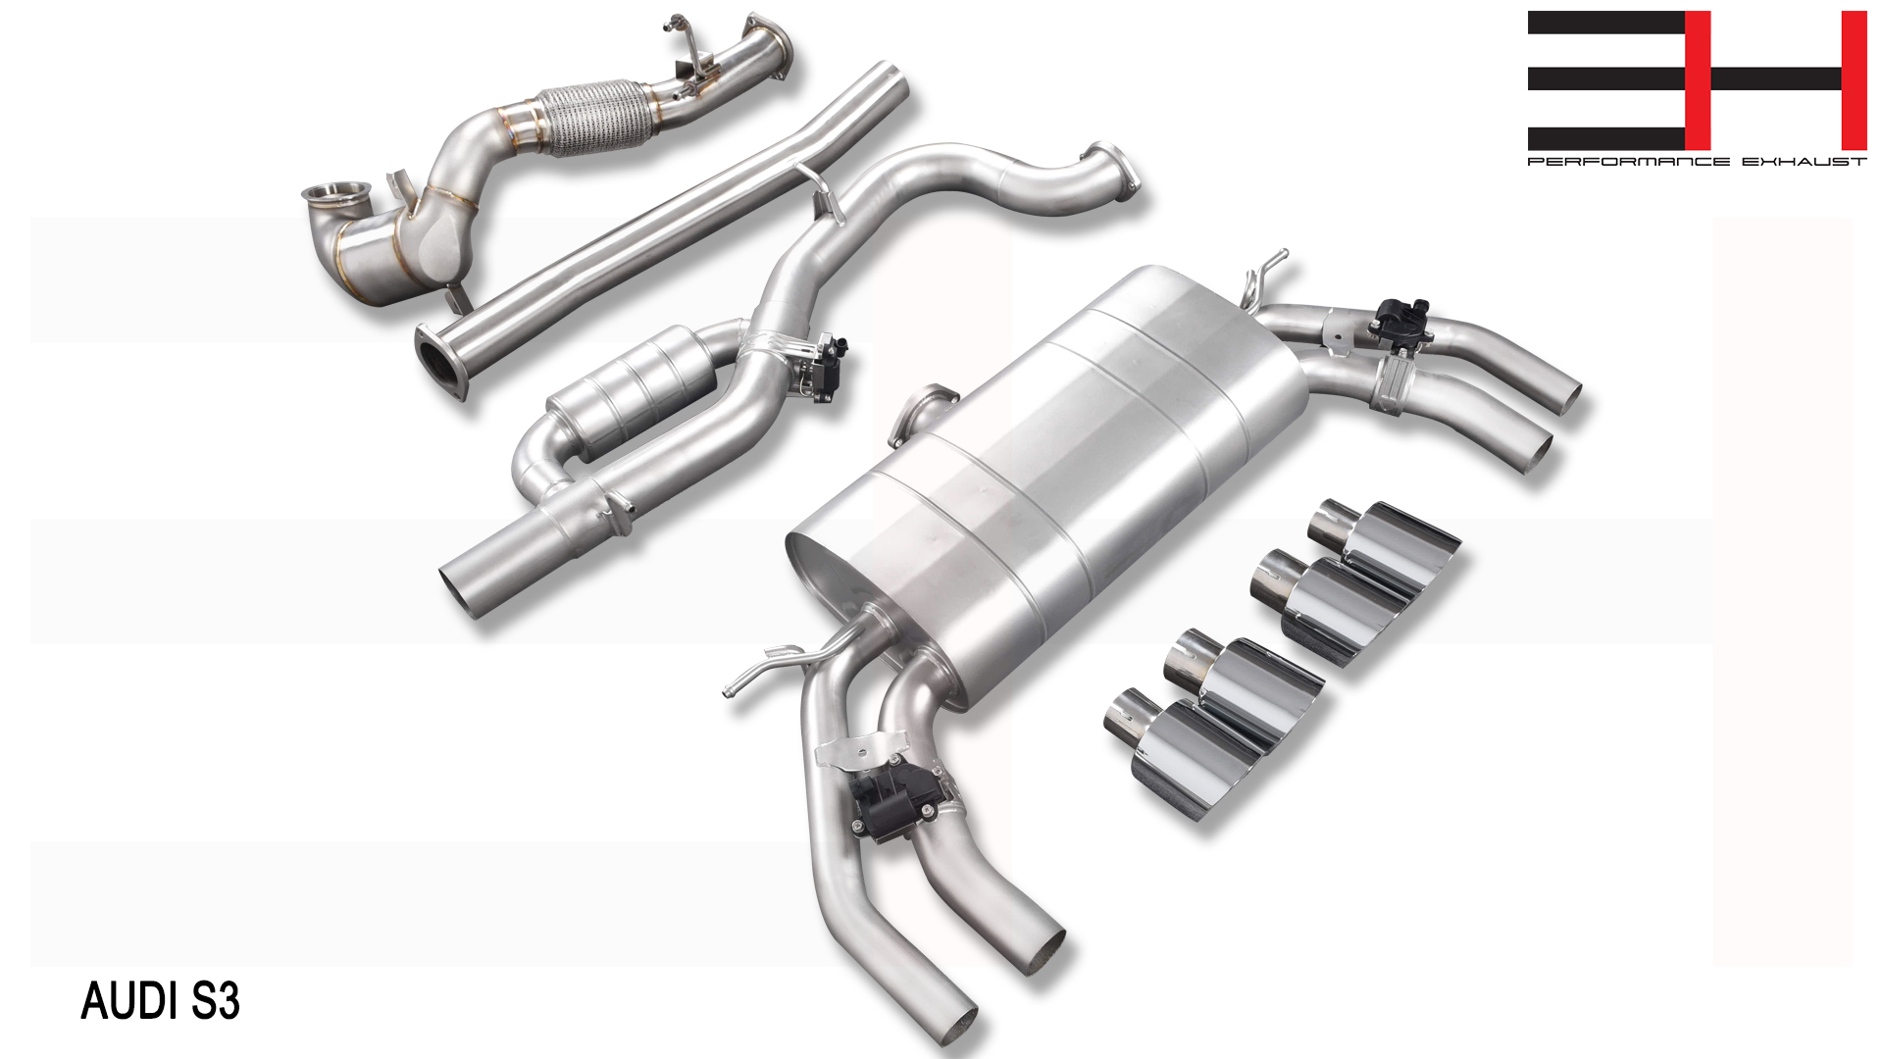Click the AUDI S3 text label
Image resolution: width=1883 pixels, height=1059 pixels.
[160, 1001]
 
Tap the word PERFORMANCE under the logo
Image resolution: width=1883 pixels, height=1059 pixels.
[1628, 162]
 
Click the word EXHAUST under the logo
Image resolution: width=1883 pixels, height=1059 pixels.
[1805, 162]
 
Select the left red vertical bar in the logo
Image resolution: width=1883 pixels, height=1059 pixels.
[1698, 80]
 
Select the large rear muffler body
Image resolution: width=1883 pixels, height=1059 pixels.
[1049, 480]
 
